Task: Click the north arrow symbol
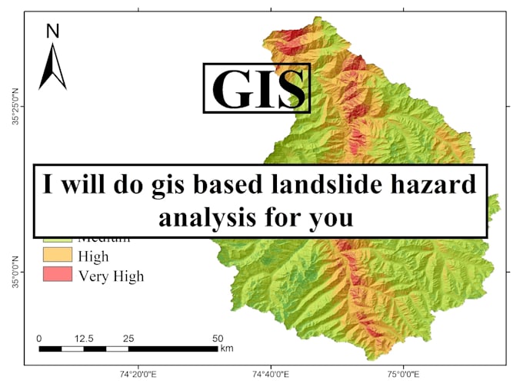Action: pyautogui.click(x=52, y=67)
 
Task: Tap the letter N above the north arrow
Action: pyautogui.click(x=52, y=31)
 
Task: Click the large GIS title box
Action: pyautogui.click(x=256, y=88)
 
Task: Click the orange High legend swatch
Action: pyautogui.click(x=56, y=256)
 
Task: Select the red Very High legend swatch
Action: pyautogui.click(x=56, y=274)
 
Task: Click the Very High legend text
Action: pyautogui.click(x=111, y=275)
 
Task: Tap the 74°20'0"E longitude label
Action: pyautogui.click(x=138, y=375)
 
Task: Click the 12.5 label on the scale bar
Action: pyautogui.click(x=84, y=338)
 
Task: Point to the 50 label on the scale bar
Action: pyautogui.click(x=218, y=338)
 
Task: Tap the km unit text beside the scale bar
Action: pyautogui.click(x=227, y=349)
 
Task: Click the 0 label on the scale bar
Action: pyautogui.click(x=39, y=338)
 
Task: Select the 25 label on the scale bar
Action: pyautogui.click(x=128, y=338)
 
